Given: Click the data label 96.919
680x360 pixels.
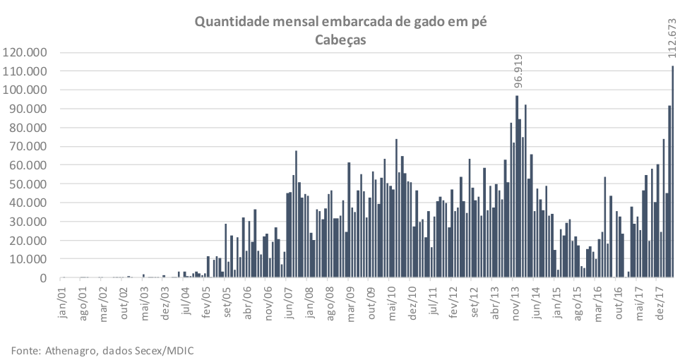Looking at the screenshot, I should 518,72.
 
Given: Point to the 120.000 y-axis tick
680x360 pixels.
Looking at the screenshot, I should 25,53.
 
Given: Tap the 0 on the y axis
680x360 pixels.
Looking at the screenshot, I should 44,278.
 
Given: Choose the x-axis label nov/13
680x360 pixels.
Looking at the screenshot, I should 515,299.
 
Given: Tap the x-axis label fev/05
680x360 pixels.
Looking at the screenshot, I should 208,299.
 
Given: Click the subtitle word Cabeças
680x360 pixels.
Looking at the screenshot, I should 341,40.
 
